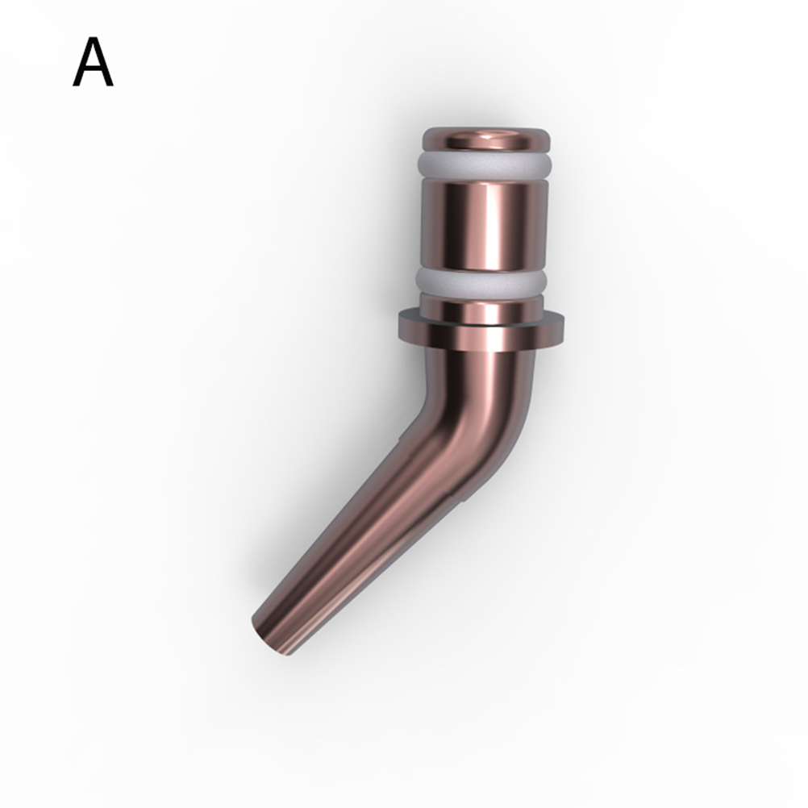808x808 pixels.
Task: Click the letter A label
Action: coord(93,62)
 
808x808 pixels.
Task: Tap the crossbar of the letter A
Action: coord(93,70)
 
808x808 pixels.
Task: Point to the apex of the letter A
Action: coord(93,39)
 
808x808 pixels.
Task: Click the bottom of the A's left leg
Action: coord(76,85)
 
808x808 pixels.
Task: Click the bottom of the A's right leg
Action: coord(110,85)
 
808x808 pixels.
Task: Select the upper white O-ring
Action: coord(485,164)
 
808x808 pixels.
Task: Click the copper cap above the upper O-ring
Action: coord(486,140)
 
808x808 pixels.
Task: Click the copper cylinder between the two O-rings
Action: coord(482,223)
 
